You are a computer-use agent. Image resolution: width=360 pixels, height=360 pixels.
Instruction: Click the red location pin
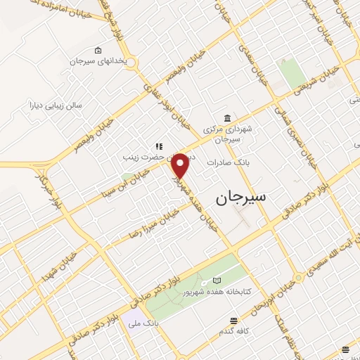coord(180,166)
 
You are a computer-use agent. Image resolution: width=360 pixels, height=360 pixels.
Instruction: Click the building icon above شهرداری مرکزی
coord(226,117)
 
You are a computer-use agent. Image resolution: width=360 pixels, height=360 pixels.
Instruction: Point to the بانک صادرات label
coord(224,162)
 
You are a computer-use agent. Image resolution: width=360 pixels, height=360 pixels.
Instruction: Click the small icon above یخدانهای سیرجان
coord(97,49)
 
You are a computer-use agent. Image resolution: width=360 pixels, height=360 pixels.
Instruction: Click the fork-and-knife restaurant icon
coord(160,146)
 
